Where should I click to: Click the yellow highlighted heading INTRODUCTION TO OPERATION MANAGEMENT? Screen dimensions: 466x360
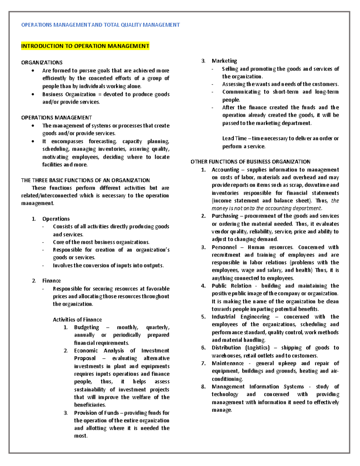pyautogui.click(x=85, y=46)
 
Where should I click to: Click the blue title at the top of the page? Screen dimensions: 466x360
pyautogui.click(x=100, y=25)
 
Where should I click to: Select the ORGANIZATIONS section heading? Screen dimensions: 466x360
pyautogui.click(x=42, y=62)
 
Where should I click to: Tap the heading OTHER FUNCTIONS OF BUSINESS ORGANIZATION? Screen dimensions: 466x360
pyautogui.click(x=250, y=162)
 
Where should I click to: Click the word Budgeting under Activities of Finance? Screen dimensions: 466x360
pyautogui.click(x=86, y=327)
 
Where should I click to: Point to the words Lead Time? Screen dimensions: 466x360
pyautogui.click(x=234, y=138)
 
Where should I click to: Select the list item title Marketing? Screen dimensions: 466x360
pyautogui.click(x=224, y=61)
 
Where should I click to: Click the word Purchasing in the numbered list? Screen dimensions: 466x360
pyautogui.click(x=225, y=216)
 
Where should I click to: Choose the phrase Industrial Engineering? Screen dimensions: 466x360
pyautogui.click(x=241, y=317)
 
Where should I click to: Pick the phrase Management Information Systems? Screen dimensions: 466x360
pyautogui.click(x=258, y=386)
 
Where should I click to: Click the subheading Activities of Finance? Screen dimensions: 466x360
pyautogui.click(x=77, y=320)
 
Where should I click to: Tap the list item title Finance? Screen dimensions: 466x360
pyautogui.click(x=51, y=281)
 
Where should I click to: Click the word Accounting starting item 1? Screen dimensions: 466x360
pyautogui.click(x=225, y=170)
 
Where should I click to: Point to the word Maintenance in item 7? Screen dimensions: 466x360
pyautogui.click(x=228, y=363)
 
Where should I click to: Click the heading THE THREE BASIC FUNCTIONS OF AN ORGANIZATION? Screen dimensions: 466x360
pyautogui.click(x=85, y=180)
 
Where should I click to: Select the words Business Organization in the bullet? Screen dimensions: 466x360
pyautogui.click(x=69, y=94)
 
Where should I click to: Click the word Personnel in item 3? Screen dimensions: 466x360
pyautogui.click(x=224, y=247)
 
